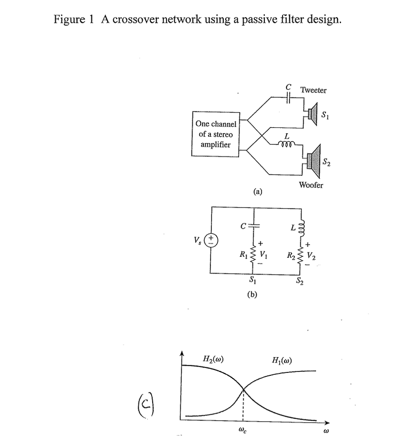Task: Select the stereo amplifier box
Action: (x=216, y=134)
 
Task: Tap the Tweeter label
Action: (x=313, y=90)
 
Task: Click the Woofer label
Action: (x=311, y=185)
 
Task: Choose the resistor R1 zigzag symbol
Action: (x=253, y=256)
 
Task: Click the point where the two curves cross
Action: (x=243, y=390)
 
